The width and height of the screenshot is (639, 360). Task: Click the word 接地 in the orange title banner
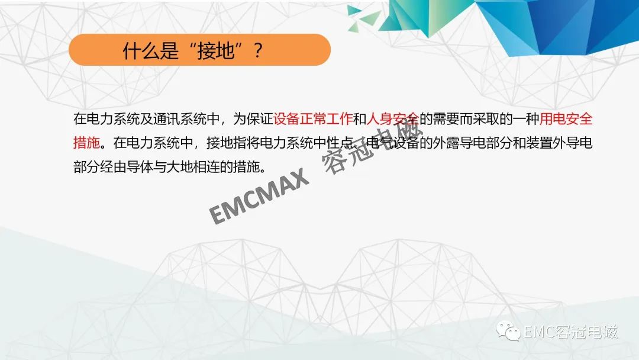tap(216, 50)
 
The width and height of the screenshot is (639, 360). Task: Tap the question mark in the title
tap(258, 50)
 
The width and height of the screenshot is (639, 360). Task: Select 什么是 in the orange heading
tap(151, 50)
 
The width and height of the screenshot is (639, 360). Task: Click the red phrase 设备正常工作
tap(313, 118)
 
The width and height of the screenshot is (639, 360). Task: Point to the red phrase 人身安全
tap(393, 118)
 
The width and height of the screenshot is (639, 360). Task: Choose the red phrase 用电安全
tap(566, 118)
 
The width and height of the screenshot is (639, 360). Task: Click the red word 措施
tap(86, 143)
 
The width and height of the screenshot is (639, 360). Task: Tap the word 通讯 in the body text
tap(166, 118)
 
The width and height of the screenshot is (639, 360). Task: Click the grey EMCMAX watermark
tap(259, 196)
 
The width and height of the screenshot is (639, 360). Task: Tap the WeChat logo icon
tap(508, 330)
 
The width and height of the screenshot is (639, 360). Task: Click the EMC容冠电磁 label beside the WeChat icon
tap(570, 332)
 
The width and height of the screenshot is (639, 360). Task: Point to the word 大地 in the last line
tap(180, 167)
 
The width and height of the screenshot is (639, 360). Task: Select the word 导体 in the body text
tap(140, 167)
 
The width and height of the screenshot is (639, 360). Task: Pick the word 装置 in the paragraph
tap(540, 143)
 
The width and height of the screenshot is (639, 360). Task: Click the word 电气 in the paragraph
tap(380, 143)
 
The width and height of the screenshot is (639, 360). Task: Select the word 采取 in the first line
tap(486, 118)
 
